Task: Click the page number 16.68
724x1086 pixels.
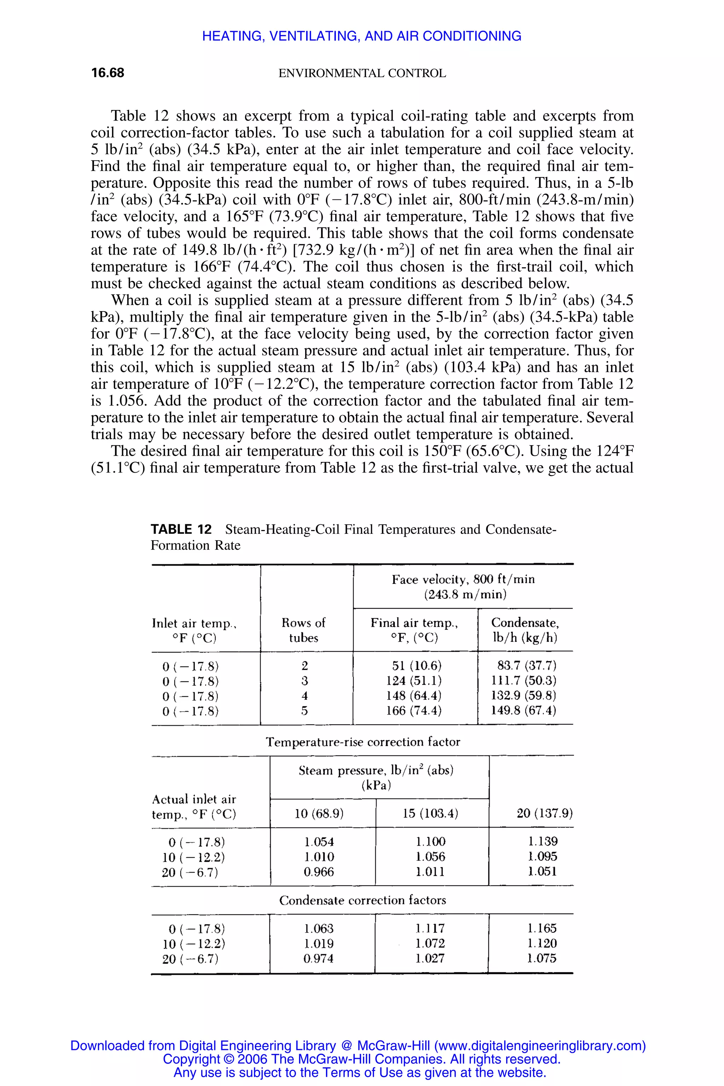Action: (x=107, y=73)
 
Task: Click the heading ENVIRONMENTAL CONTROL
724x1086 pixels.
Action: (x=362, y=74)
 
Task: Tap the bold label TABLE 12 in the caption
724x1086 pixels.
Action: (x=181, y=529)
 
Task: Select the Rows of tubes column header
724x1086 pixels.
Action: (x=303, y=630)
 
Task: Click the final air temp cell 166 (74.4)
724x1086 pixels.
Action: (x=414, y=711)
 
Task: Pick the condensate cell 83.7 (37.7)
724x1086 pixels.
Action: (x=526, y=665)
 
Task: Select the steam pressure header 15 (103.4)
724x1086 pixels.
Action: (x=430, y=813)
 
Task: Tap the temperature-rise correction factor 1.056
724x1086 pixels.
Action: (x=430, y=857)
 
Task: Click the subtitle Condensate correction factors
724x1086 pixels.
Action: (x=362, y=900)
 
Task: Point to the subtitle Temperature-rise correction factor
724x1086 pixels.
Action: (x=362, y=742)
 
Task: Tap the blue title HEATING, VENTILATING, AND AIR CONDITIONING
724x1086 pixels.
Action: (x=362, y=36)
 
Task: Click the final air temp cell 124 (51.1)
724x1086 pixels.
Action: (x=414, y=681)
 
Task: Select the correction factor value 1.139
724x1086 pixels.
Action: (x=543, y=841)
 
